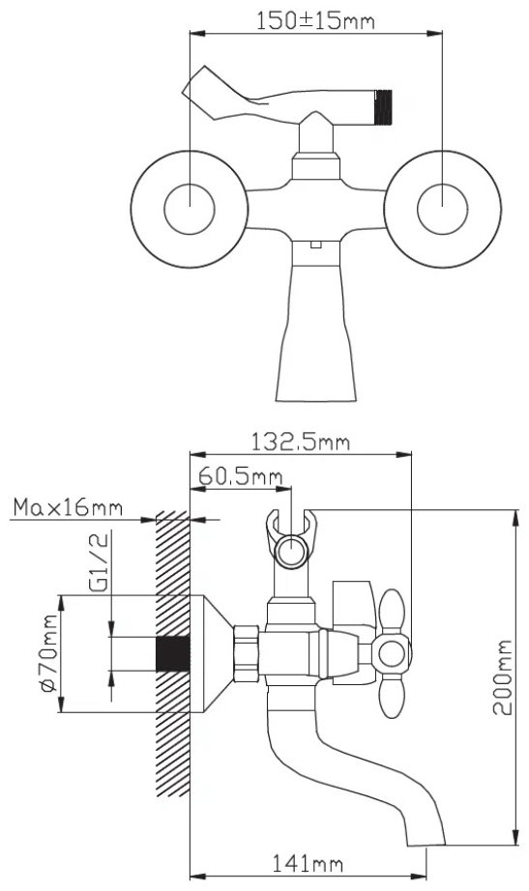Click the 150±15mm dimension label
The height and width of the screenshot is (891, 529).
(314, 21)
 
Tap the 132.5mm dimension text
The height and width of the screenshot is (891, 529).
(301, 442)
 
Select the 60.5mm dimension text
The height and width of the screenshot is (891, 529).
(240, 476)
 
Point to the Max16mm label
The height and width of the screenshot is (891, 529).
(68, 507)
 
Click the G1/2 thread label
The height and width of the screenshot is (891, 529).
(99, 563)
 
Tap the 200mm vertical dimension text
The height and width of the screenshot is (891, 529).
(502, 677)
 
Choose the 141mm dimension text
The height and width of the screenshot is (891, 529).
(308, 864)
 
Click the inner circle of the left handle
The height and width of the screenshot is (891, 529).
(190, 209)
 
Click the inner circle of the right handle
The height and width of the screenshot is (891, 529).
(442, 209)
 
